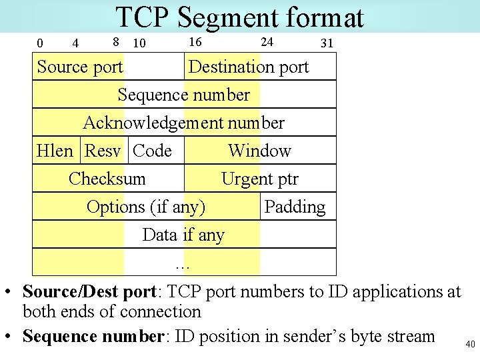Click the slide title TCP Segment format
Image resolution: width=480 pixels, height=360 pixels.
pos(239,18)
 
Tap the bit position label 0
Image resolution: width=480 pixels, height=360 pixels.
pos(39,44)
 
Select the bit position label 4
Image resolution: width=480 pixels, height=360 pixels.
pos(75,44)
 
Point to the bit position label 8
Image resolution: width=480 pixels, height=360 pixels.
pos(115,42)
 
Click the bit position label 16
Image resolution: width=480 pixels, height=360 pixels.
pos(195,42)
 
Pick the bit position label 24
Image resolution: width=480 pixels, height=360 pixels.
pos(267,42)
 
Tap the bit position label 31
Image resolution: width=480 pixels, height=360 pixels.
pos(327,44)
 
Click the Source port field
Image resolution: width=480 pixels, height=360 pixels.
pos(80,67)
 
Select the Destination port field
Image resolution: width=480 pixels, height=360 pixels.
pos(249,67)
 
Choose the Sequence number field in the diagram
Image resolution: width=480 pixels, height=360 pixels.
pos(183,95)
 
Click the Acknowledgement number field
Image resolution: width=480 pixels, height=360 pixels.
pos(183,123)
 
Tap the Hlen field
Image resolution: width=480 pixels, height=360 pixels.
pos(55,151)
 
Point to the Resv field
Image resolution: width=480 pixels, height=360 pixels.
pos(103,151)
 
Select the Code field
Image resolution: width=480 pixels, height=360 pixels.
pos(153,151)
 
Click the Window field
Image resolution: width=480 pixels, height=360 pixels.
pos(259,151)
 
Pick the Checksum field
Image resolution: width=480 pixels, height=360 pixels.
pos(107,179)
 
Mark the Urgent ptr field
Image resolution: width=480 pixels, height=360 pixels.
pos(259,179)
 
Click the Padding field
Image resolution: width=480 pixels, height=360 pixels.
pos(295,207)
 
